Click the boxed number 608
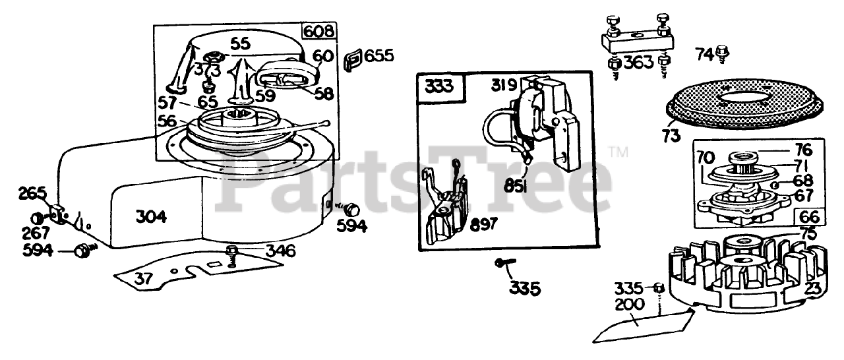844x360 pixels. click(319, 32)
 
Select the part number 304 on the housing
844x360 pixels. click(151, 216)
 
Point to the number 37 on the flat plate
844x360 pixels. click(143, 278)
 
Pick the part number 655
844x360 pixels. click(379, 55)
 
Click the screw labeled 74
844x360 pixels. click(723, 52)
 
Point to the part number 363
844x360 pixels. click(638, 63)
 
